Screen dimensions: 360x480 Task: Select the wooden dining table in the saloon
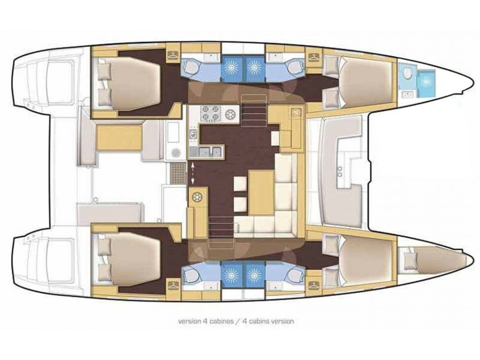(261, 192)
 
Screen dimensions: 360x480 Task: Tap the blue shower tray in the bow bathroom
(426, 82)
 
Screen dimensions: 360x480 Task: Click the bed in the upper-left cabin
(129, 82)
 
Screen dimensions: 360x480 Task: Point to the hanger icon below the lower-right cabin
(313, 284)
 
